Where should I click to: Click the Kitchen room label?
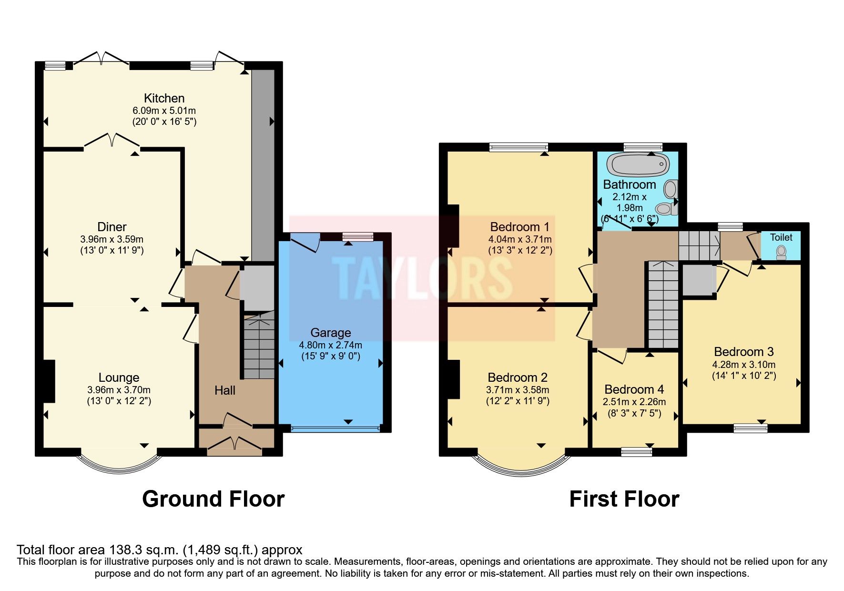[164, 98]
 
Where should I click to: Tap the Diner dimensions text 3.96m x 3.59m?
[112, 239]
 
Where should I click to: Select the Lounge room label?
[119, 377]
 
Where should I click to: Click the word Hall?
[224, 390]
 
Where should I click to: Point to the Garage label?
[330, 333]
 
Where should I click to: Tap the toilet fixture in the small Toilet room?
[781, 252]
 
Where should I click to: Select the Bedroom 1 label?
[519, 226]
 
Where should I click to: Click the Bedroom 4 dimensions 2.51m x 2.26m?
[634, 402]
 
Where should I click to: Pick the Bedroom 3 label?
[743, 352]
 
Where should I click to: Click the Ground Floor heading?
[213, 499]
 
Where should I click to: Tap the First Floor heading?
[624, 499]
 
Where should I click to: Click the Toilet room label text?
[781, 237]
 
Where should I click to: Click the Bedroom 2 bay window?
[521, 467]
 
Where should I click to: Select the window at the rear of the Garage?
[357, 236]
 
